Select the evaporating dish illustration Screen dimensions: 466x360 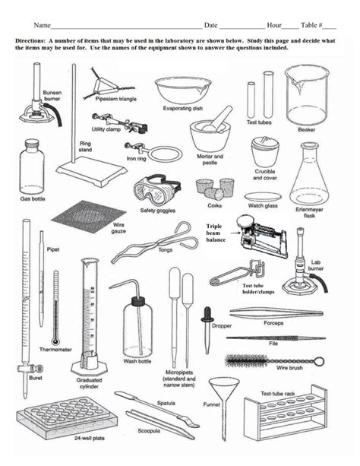tap(183, 90)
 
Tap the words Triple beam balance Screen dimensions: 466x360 tap(219, 232)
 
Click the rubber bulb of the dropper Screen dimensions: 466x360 tap(206, 312)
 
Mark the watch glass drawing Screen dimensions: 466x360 tap(263, 196)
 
